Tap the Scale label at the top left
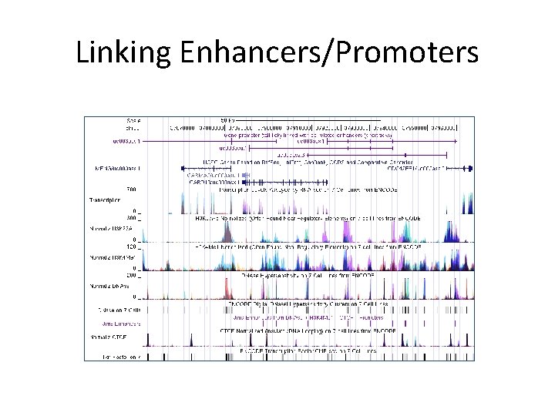pos(133,120)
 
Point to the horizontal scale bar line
pos(227,124)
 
